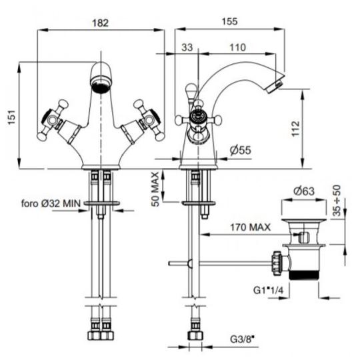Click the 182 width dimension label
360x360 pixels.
coord(100,23)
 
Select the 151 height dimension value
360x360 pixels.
coord(12,117)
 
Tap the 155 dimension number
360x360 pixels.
coord(229,21)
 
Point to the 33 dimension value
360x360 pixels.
coord(187,47)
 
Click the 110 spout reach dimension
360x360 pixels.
coord(237,47)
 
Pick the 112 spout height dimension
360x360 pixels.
coord(296,129)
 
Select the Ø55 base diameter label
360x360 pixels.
coord(241,150)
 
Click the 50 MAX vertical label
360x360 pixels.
coord(155,189)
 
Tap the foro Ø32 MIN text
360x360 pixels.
coord(51,203)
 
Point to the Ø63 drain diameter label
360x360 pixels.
coord(304,191)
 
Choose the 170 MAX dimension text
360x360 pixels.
coord(250,227)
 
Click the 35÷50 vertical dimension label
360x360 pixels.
coord(337,201)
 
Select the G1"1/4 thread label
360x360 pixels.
coord(268,290)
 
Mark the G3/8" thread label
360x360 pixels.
coord(242,339)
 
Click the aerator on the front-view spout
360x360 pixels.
coord(101,85)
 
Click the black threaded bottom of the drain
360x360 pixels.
coord(303,275)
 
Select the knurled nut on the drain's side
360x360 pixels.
coord(276,263)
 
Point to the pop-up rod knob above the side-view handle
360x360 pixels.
coord(191,89)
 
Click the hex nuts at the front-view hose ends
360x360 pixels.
coord(101,336)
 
